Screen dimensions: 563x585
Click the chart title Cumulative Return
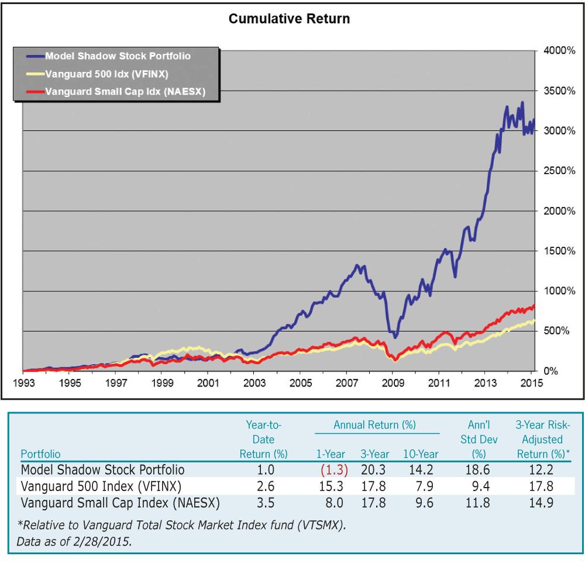(x=289, y=19)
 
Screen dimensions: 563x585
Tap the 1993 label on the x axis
(x=24, y=384)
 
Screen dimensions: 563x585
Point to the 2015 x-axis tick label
(x=530, y=384)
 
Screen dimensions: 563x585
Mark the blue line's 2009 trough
(x=395, y=337)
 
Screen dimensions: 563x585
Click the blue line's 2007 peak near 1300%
(x=357, y=265)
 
